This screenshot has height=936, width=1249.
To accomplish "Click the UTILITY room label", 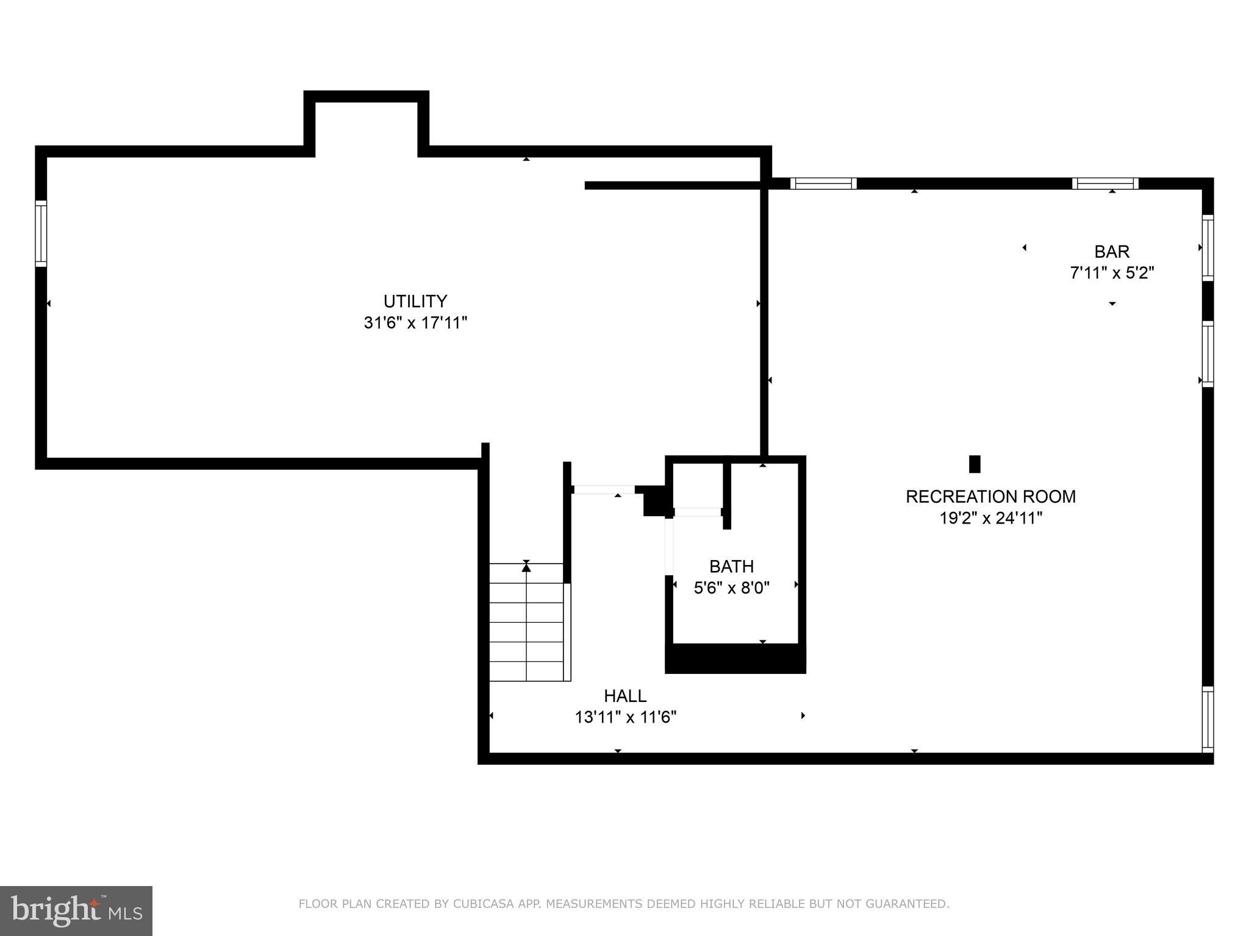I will [415, 301].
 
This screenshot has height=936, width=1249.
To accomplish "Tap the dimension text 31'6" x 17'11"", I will [415, 323].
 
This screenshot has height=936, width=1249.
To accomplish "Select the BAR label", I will [1112, 251].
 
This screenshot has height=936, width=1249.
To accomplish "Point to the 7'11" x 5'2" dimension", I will [1112, 272].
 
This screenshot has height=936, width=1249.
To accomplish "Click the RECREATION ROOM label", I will [990, 497].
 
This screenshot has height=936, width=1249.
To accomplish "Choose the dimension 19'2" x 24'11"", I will [990, 518].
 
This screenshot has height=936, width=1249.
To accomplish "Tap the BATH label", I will [731, 566].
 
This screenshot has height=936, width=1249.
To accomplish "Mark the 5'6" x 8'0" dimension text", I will [731, 588].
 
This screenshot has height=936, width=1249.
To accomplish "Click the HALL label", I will [625, 695].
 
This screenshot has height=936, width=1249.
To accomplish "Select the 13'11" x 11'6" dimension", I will [625, 717].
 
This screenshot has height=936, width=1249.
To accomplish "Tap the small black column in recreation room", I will [975, 464].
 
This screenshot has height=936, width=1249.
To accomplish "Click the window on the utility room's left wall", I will [41, 233].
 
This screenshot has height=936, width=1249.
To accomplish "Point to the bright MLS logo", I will [76, 910].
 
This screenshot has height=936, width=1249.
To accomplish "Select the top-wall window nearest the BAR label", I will [1105, 183].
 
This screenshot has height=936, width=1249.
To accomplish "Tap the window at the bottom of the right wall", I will [1208, 719].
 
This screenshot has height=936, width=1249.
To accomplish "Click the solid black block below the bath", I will [735, 659].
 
